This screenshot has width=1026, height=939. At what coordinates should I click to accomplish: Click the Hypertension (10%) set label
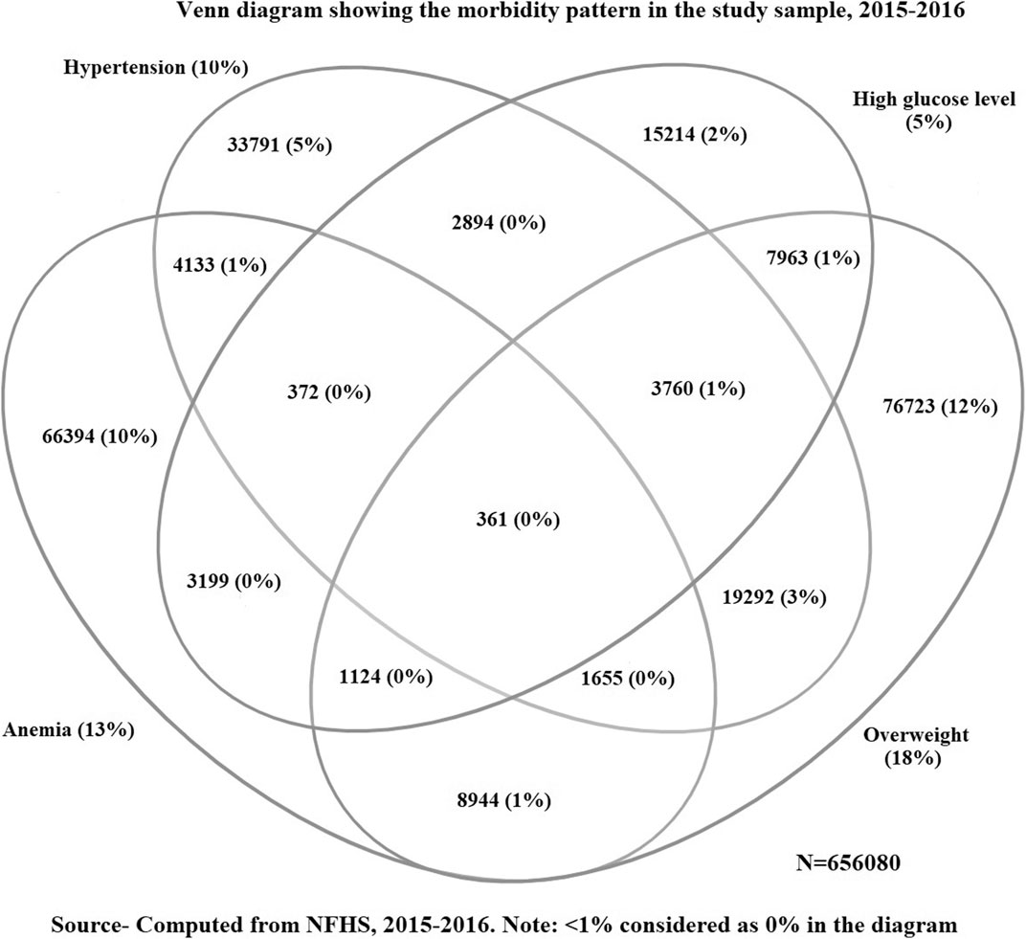tap(156, 67)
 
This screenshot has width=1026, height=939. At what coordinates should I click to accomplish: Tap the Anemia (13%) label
tap(69, 729)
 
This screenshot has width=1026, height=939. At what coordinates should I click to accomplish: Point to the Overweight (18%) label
tap(915, 746)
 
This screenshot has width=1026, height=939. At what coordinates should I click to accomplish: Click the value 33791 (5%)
tap(279, 145)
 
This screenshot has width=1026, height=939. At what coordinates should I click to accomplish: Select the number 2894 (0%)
tap(498, 223)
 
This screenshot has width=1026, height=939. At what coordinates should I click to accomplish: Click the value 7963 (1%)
tap(813, 258)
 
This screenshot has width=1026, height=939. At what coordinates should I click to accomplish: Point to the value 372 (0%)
tap(329, 392)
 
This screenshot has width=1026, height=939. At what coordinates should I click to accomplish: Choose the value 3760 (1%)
tap(698, 390)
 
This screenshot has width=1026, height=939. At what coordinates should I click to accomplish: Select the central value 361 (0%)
tap(518, 520)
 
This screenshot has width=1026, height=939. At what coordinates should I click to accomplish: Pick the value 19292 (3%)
tap(774, 596)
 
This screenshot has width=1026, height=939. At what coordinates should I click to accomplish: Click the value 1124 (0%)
tap(386, 676)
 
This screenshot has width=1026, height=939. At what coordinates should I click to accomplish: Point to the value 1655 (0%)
tap(628, 679)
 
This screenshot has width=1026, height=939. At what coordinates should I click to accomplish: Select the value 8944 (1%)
tap(503, 799)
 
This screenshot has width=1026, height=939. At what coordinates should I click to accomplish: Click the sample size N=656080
tap(848, 863)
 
